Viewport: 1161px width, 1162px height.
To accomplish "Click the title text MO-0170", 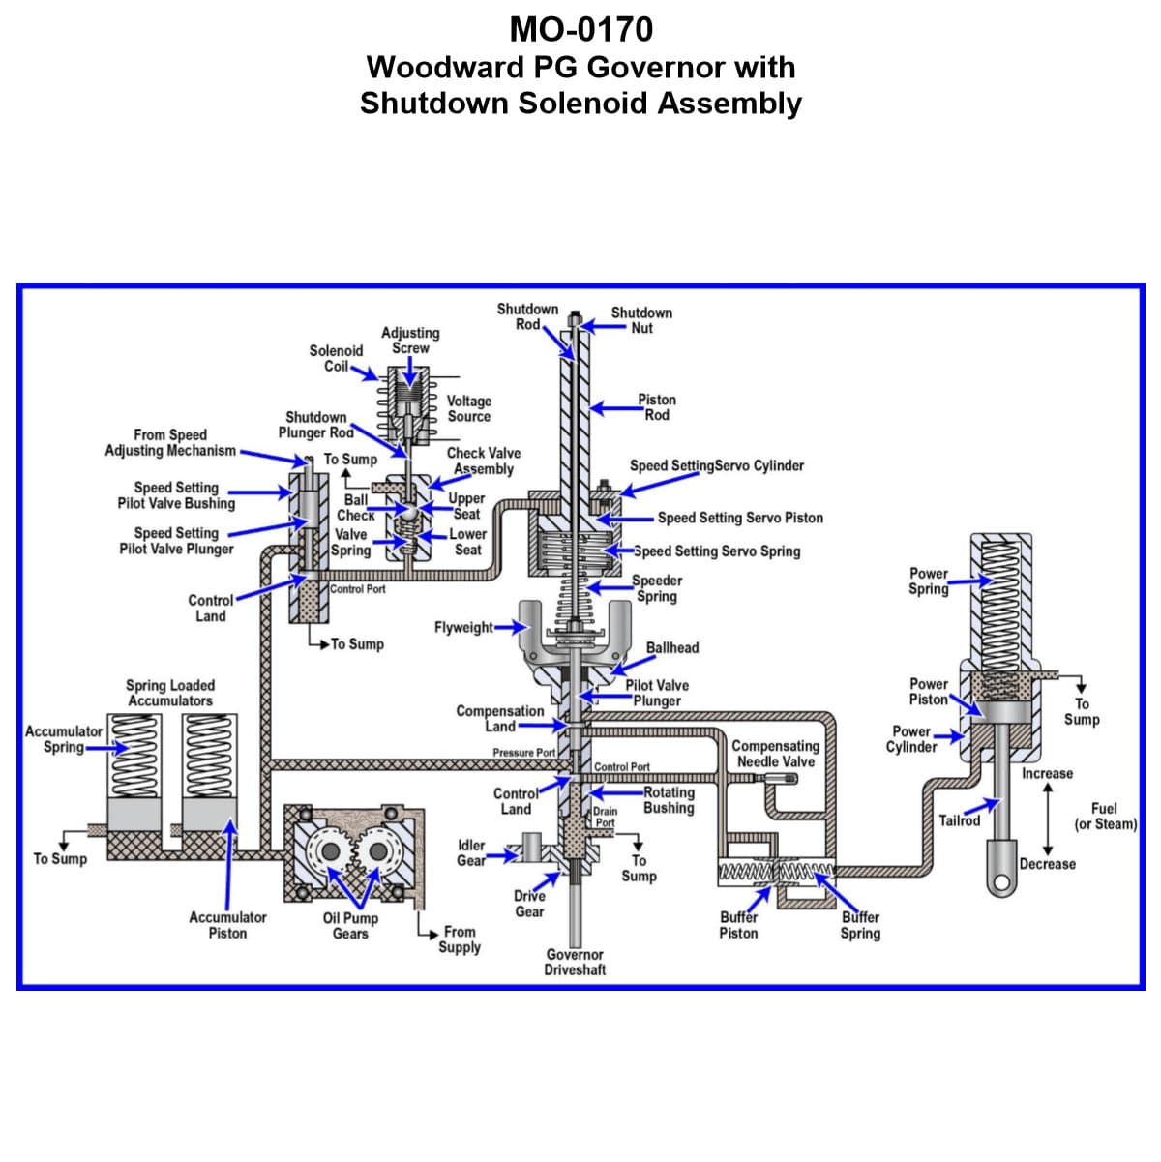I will click(x=580, y=30).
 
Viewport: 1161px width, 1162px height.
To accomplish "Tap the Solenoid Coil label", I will click(x=336, y=358).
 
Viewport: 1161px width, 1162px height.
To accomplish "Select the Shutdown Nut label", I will click(x=641, y=320).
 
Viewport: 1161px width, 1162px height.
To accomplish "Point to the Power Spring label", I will click(x=929, y=581).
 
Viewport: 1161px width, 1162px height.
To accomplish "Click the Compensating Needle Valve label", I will click(x=775, y=754).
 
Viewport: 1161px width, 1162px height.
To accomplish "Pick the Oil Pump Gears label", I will click(x=350, y=925).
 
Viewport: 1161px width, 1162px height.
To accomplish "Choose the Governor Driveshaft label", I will click(x=575, y=962).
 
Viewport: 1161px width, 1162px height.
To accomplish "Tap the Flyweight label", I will click(x=463, y=627).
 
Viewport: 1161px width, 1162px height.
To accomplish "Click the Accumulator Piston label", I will click(x=227, y=925).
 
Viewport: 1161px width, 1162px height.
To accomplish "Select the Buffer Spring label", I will click(x=860, y=925).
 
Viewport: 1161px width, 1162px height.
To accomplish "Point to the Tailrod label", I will click(x=959, y=820).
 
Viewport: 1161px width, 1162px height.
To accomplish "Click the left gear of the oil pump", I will click(x=331, y=850).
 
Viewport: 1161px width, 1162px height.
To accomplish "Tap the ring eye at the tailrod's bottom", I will click(x=998, y=881).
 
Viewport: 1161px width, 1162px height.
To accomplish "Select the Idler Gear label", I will click(x=471, y=852).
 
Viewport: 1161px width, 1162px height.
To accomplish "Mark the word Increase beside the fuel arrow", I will click(x=1047, y=773).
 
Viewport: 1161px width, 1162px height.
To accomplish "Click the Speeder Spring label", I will click(x=657, y=588).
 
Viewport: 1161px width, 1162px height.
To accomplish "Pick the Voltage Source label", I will click(x=469, y=408).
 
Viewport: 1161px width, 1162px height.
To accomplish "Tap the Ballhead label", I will click(x=672, y=647).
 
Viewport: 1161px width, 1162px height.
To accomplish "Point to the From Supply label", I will click(x=460, y=939).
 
